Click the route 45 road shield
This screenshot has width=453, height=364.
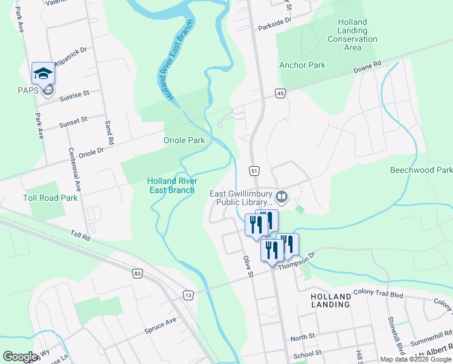[x=279, y=93]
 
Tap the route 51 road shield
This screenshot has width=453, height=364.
[x=254, y=170]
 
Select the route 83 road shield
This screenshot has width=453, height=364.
[x=137, y=274]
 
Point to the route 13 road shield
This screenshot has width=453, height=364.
[x=189, y=295]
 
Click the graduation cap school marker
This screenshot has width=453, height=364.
[x=43, y=73]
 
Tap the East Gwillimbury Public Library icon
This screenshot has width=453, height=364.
[x=282, y=197]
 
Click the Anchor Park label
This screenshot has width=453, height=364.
[x=302, y=65]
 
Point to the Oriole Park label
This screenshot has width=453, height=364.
[x=184, y=140]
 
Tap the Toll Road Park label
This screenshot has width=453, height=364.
[x=50, y=198]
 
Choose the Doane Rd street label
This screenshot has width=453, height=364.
[x=368, y=66]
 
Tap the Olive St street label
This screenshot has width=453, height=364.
[x=247, y=266]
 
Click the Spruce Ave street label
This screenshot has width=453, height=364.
[x=160, y=325]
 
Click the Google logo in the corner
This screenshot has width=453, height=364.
[x=20, y=357]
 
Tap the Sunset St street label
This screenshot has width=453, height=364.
[x=73, y=123]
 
